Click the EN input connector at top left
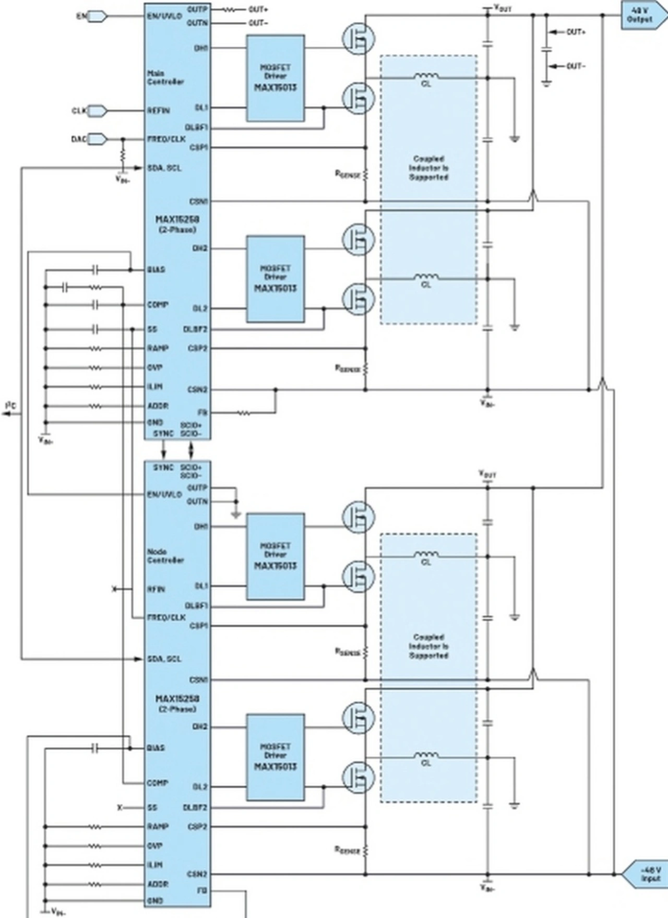click(98, 16)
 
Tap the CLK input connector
click(98, 111)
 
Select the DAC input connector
click(98, 139)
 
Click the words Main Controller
click(165, 78)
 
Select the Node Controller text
click(165, 556)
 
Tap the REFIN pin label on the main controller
click(159, 111)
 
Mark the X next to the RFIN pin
click(115, 589)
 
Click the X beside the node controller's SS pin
click(120, 807)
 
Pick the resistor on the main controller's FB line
click(244, 413)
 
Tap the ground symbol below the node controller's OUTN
click(236, 515)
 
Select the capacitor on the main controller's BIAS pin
click(95, 270)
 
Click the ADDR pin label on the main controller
click(158, 406)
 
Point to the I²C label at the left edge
click(11, 405)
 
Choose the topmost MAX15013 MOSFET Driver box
click(276, 78)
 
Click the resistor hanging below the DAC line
click(123, 156)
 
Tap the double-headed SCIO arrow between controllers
click(191, 449)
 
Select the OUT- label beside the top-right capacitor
click(576, 66)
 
